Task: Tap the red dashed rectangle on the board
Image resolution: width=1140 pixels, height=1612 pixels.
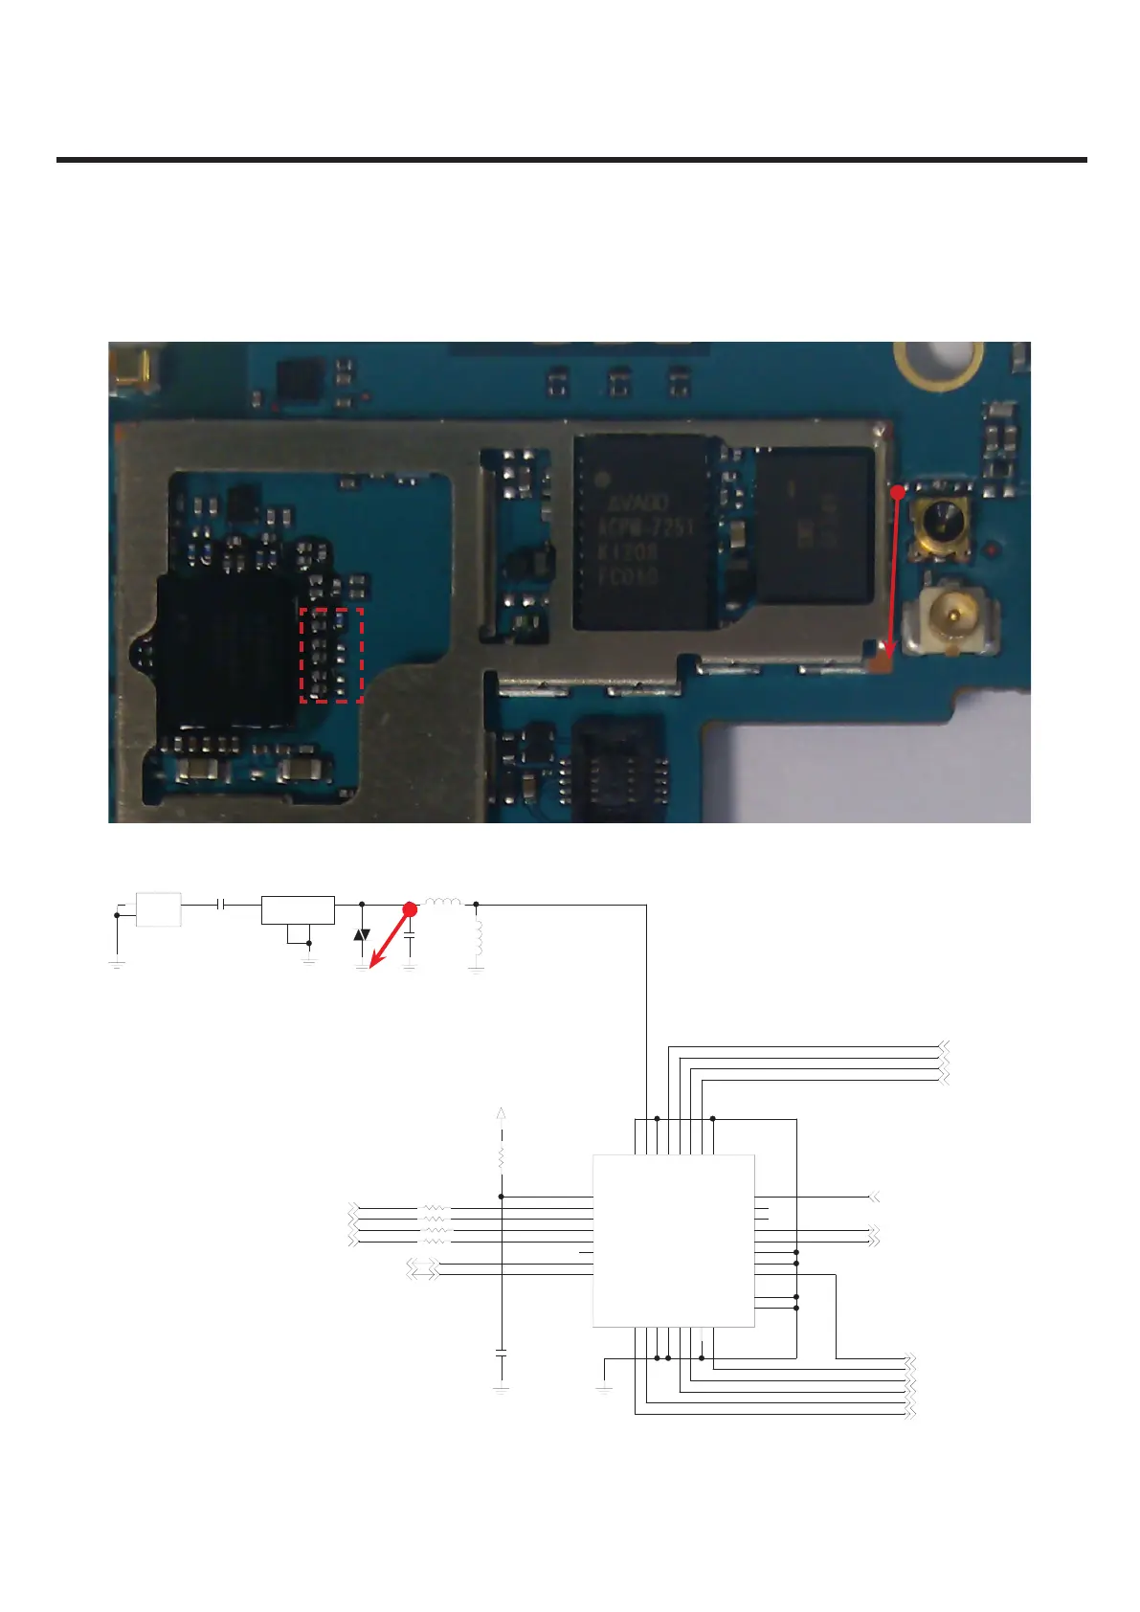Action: click(x=331, y=656)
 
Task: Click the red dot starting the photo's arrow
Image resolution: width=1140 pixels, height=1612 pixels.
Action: click(x=897, y=492)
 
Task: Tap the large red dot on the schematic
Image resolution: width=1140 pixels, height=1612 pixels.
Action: click(x=409, y=908)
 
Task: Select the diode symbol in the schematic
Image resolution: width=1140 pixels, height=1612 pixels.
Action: click(x=361, y=934)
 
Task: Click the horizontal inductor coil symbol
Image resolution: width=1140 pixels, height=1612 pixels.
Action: click(x=442, y=902)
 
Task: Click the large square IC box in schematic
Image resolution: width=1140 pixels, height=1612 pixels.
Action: click(x=673, y=1240)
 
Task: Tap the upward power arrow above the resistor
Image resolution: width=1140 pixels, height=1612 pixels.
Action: click(x=501, y=1113)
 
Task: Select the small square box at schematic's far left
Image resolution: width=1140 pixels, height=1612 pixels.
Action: click(x=158, y=909)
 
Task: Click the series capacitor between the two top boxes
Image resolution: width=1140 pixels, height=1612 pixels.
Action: click(x=222, y=904)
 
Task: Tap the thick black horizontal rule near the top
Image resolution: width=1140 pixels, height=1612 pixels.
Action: click(x=571, y=160)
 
